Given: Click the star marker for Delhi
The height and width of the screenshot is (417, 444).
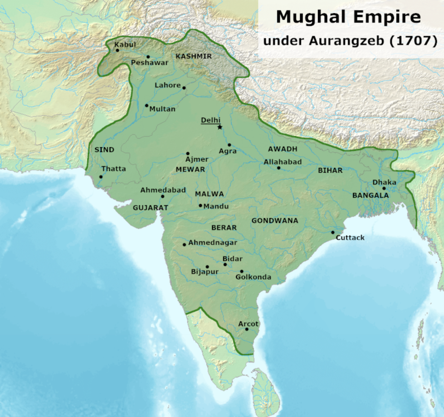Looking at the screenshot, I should pyautogui.click(x=220, y=127).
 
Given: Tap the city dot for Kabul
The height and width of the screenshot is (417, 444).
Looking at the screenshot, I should pyautogui.click(x=118, y=51).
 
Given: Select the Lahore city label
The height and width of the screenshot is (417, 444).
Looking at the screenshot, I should pyautogui.click(x=168, y=85).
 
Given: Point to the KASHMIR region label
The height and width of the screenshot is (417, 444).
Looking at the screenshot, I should pyautogui.click(x=194, y=56).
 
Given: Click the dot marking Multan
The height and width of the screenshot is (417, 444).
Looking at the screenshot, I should pyautogui.click(x=147, y=106).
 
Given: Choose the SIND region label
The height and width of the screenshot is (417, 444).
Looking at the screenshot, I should pyautogui.click(x=104, y=150).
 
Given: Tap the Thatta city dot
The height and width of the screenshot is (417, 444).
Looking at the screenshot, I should pyautogui.click(x=101, y=177).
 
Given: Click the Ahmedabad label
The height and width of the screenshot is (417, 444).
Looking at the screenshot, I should pyautogui.click(x=163, y=190).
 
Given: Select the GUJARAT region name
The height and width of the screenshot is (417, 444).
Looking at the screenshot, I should pyautogui.click(x=150, y=208).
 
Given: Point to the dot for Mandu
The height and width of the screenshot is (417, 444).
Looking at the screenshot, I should pyautogui.click(x=200, y=205).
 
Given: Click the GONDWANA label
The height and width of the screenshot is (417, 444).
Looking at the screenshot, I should pyautogui.click(x=275, y=221).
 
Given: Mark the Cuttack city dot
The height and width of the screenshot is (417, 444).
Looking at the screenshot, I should pyautogui.click(x=333, y=232).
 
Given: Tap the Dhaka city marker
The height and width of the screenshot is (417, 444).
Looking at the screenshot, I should pyautogui.click(x=384, y=188).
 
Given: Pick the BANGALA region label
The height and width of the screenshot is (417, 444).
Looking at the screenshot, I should pyautogui.click(x=370, y=195).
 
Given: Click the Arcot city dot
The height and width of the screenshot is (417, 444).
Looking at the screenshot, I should pyautogui.click(x=247, y=329).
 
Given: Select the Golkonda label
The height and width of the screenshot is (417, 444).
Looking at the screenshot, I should pyautogui.click(x=253, y=277).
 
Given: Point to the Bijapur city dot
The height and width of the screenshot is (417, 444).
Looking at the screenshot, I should pyautogui.click(x=207, y=267).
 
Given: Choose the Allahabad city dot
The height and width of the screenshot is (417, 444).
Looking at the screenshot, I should pyautogui.click(x=279, y=168).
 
